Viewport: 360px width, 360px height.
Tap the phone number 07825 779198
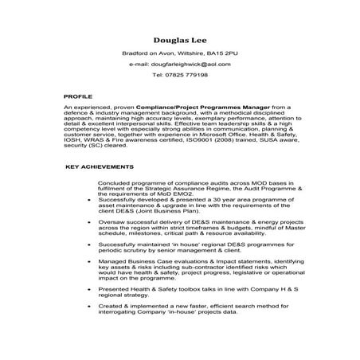coord(186,74)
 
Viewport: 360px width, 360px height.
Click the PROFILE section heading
coord(78,96)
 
